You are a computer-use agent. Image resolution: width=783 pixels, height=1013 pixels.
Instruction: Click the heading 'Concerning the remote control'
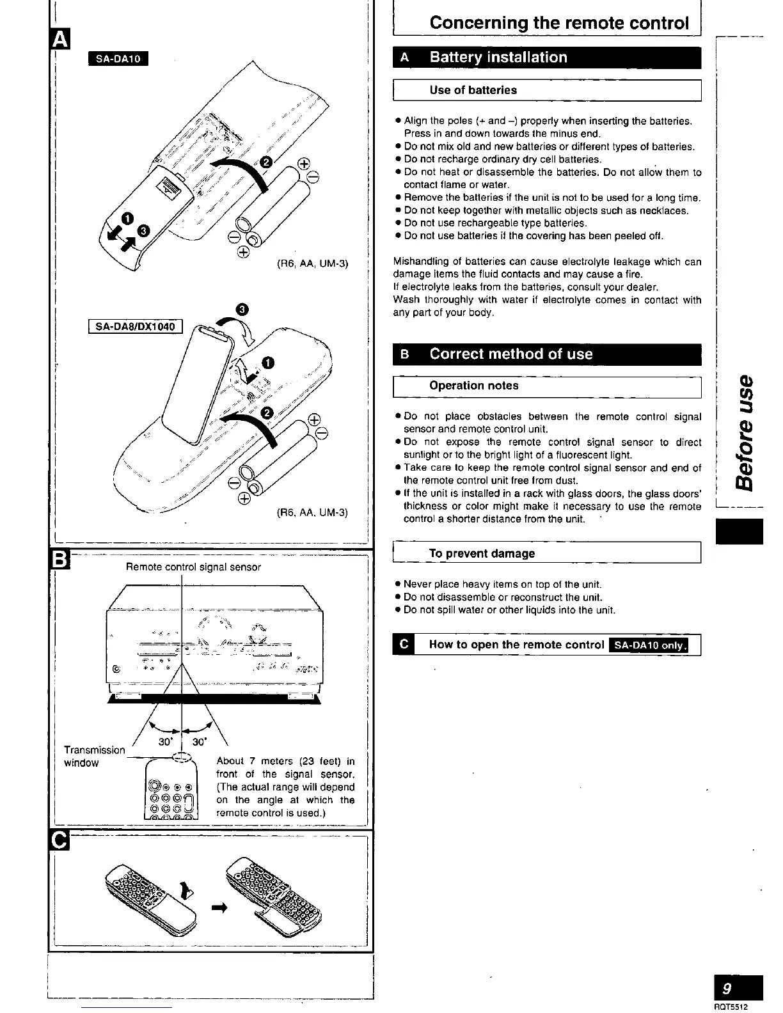[x=559, y=23]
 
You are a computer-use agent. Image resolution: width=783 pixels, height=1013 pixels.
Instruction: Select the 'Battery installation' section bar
[x=498, y=58]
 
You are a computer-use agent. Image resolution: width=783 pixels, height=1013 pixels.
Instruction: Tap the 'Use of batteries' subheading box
[x=473, y=90]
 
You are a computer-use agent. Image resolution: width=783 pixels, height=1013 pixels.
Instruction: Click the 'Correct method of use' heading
[x=510, y=354]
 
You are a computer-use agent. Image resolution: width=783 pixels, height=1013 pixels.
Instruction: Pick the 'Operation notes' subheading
[x=473, y=386]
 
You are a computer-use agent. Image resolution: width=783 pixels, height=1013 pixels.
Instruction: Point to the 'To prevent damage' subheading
[x=482, y=554]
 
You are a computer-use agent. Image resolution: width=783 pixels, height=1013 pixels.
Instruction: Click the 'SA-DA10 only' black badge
[x=649, y=645]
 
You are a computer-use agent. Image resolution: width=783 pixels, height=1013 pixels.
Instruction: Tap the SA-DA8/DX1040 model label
[x=135, y=327]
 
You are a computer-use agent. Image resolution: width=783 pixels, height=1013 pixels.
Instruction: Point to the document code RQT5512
[x=730, y=1007]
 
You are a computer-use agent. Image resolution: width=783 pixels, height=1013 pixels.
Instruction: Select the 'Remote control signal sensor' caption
[x=193, y=567]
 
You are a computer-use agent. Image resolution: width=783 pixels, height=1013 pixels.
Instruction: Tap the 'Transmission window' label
[x=94, y=756]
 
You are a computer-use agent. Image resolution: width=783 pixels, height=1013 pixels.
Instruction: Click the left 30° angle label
[x=164, y=742]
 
